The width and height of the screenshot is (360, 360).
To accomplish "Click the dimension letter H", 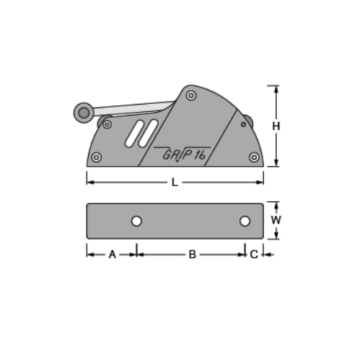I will [276, 126].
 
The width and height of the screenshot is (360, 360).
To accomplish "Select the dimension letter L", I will [175, 183].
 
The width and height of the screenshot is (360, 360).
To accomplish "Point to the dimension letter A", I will [112, 254].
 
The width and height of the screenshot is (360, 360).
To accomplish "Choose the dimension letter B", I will [192, 254].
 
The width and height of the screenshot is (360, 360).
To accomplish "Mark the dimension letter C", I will [254, 254].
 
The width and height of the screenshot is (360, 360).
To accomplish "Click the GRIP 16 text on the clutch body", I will [184, 153].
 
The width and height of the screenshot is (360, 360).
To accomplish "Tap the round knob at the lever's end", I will [84, 112].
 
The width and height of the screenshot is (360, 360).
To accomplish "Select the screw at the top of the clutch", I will [190, 95].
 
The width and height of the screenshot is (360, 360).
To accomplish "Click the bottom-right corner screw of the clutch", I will [253, 157].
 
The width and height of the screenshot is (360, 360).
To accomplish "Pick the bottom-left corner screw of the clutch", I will [97, 157].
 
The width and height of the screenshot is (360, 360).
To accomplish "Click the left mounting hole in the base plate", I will [136, 221].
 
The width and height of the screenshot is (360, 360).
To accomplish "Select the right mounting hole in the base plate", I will [245, 221].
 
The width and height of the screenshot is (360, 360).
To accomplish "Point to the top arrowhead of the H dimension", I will [276, 89].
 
